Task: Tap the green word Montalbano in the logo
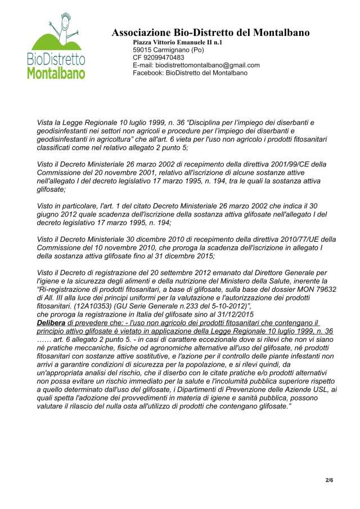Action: coord(56,73)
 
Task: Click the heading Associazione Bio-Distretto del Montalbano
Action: coord(210,33)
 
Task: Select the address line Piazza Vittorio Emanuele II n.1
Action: coord(177,42)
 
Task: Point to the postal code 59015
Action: coord(143,50)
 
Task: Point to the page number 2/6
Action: coord(329,480)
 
